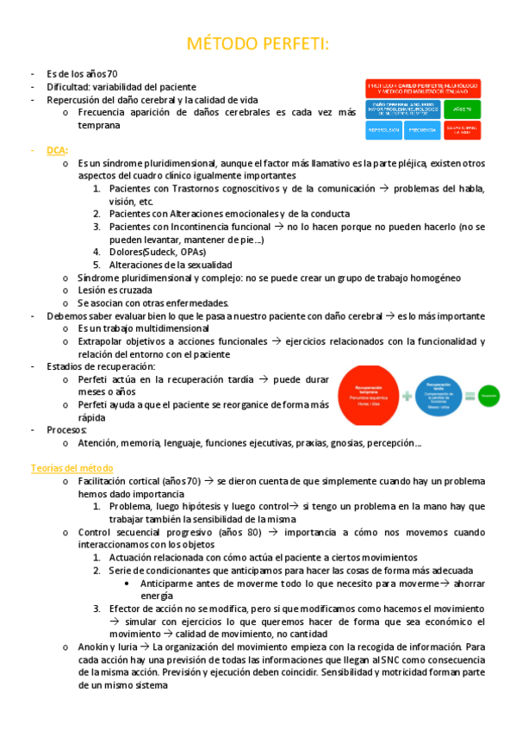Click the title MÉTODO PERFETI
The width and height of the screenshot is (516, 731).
[x=258, y=44]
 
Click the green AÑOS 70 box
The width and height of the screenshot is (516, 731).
[x=462, y=109]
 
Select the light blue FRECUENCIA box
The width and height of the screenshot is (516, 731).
[x=422, y=130]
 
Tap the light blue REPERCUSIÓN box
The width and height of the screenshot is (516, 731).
[x=383, y=130]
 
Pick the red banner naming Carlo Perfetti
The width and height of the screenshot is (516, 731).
[x=422, y=89]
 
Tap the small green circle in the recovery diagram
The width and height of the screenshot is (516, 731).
[x=489, y=396]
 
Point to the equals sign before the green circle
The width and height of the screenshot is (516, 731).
[x=470, y=396]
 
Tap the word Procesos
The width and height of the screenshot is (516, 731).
[x=67, y=429]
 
